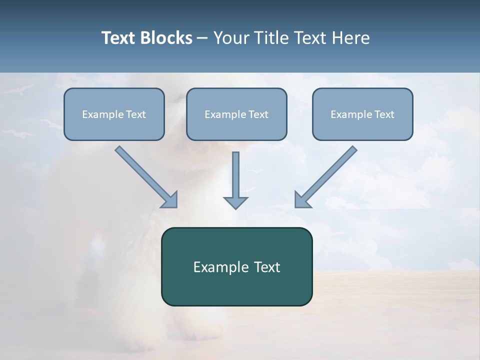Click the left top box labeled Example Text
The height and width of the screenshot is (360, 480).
click(x=114, y=114)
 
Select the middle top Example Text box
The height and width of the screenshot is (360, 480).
click(x=236, y=114)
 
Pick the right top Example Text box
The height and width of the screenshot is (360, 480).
click(x=362, y=114)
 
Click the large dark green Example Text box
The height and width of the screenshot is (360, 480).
click(x=236, y=266)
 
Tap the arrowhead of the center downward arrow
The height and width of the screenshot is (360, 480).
click(x=235, y=202)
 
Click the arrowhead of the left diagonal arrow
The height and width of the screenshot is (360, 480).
click(x=170, y=199)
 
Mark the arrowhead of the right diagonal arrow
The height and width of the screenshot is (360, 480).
click(x=302, y=199)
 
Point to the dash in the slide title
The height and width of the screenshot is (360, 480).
click(x=202, y=38)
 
